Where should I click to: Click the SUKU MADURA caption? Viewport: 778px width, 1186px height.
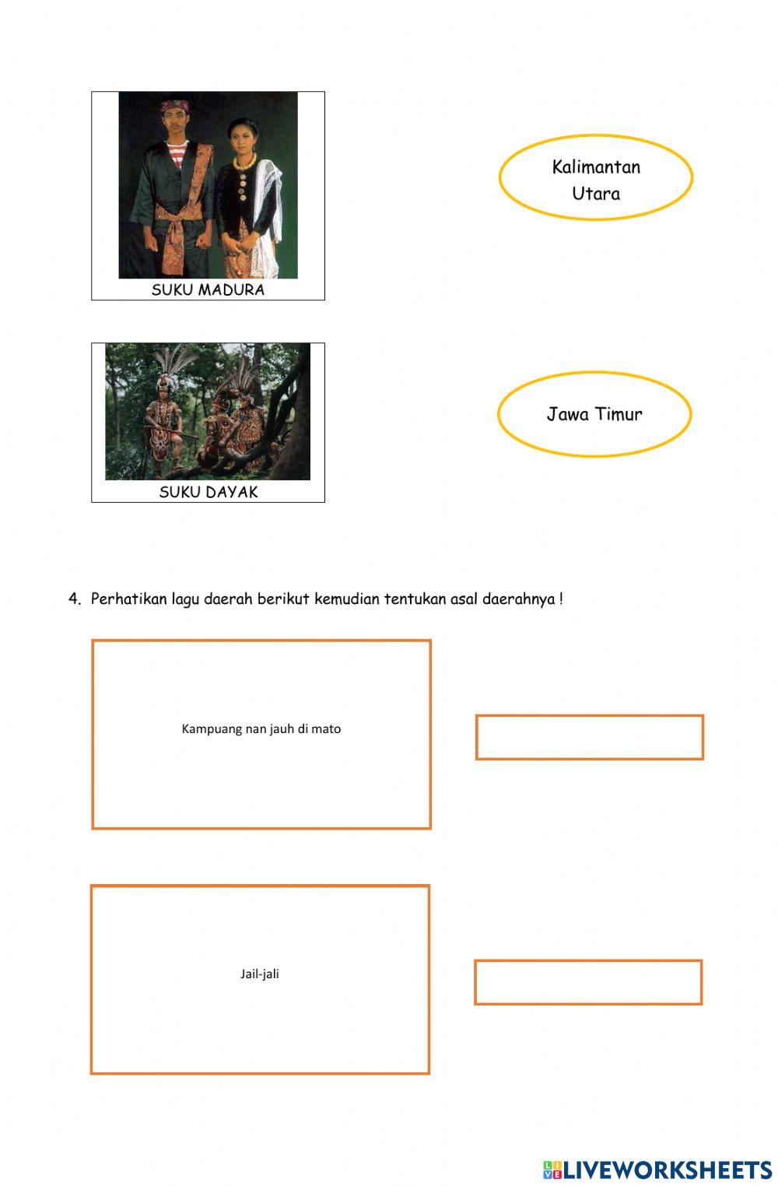[x=208, y=289]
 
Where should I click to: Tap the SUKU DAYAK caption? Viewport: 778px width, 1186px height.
[x=208, y=492]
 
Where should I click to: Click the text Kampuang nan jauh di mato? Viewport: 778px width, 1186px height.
[x=261, y=728]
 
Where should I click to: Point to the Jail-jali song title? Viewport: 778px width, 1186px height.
[x=259, y=974]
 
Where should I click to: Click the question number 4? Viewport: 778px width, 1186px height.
[x=74, y=598]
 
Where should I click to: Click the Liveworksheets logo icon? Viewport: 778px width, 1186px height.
[x=552, y=1170]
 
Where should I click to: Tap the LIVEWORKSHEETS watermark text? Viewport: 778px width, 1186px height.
[x=667, y=1170]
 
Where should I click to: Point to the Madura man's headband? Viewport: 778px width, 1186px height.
[x=174, y=105]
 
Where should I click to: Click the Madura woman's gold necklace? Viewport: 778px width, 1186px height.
[x=244, y=161]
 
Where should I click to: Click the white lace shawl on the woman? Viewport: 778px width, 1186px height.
[x=268, y=217]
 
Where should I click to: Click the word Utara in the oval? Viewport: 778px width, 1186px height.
[x=596, y=193]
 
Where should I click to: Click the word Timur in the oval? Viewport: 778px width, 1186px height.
[x=619, y=413]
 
